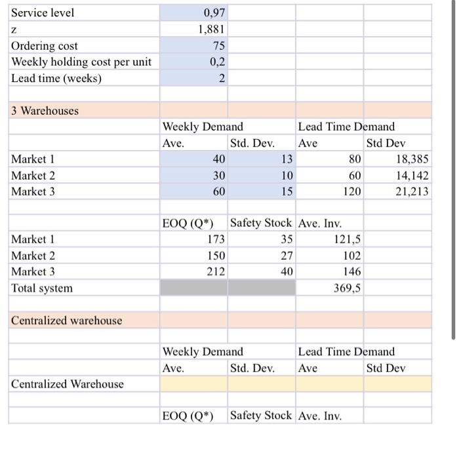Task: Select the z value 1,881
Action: click(212, 30)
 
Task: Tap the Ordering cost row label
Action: click(44, 46)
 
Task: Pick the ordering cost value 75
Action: click(219, 46)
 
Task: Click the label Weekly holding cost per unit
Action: click(81, 62)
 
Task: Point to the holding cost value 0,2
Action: click(218, 62)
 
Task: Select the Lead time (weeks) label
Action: click(56, 78)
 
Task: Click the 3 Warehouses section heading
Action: click(45, 110)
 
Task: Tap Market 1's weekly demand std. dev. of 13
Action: click(285, 159)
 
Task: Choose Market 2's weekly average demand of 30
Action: click(218, 176)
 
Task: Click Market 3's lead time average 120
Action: click(351, 191)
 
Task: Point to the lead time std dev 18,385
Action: click(412, 159)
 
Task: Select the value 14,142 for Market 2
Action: click(412, 176)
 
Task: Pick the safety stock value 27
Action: click(287, 256)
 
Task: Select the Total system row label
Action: click(42, 288)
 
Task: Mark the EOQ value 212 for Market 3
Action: click(216, 271)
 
